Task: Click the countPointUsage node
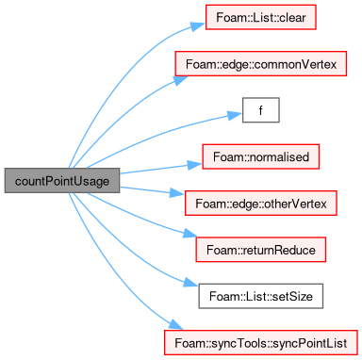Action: tap(62, 181)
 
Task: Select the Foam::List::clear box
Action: tap(261, 17)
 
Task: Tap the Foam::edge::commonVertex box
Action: tap(261, 64)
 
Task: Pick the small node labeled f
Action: tap(261, 110)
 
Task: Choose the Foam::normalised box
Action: tap(261, 156)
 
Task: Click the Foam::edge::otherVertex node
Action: tap(261, 204)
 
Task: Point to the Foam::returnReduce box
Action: tap(261, 250)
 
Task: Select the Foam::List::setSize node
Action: tap(261, 296)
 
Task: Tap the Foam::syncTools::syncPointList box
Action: tap(261, 343)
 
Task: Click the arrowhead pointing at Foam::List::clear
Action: tap(198, 25)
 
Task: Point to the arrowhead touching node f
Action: tap(235, 115)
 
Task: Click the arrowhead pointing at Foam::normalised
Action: tap(195, 165)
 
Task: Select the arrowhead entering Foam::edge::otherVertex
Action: tap(177, 193)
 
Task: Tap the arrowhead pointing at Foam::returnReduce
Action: tap(190, 234)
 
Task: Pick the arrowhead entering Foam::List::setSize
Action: tap(190, 283)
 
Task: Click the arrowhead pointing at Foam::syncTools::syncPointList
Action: tap(176, 325)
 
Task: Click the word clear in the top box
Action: tap(292, 18)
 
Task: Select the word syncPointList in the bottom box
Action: tap(309, 343)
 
